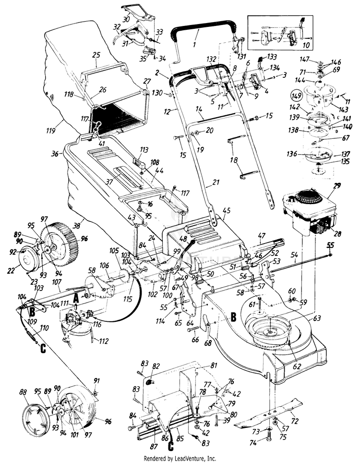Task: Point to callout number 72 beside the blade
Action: (x=295, y=421)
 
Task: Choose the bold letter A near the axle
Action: (x=75, y=298)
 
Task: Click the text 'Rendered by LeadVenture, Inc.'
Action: (x=180, y=458)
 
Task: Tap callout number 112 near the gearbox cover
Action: (x=103, y=341)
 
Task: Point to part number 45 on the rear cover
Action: (x=227, y=210)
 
